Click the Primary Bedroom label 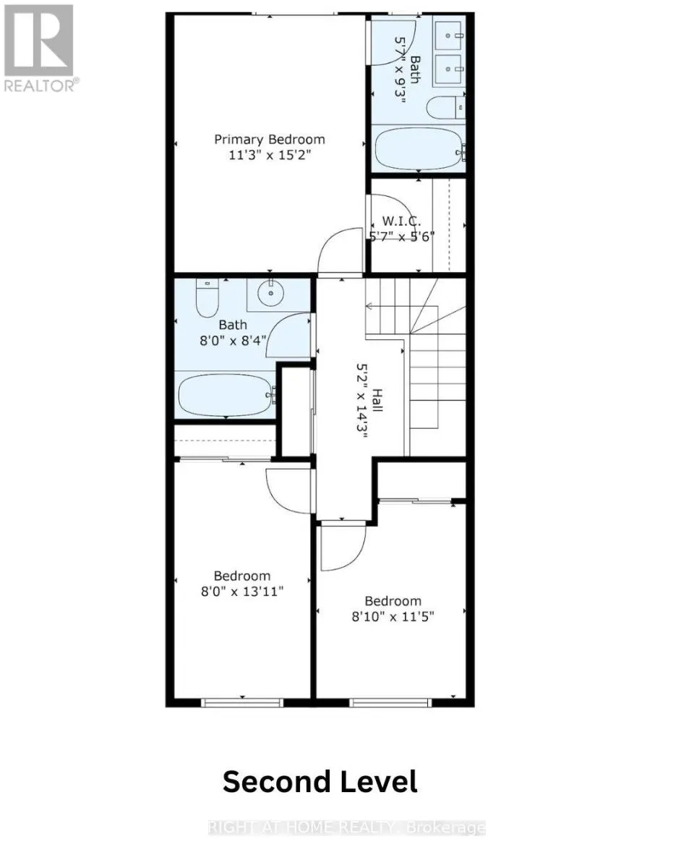coord(269,140)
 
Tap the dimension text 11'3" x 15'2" coord(269,156)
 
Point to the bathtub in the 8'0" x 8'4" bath coord(226,394)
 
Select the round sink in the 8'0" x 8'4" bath coord(273,295)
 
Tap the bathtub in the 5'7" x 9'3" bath coord(419,150)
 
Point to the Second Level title coord(320,782)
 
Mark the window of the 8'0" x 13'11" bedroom coord(241,702)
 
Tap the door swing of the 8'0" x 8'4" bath coord(291,336)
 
